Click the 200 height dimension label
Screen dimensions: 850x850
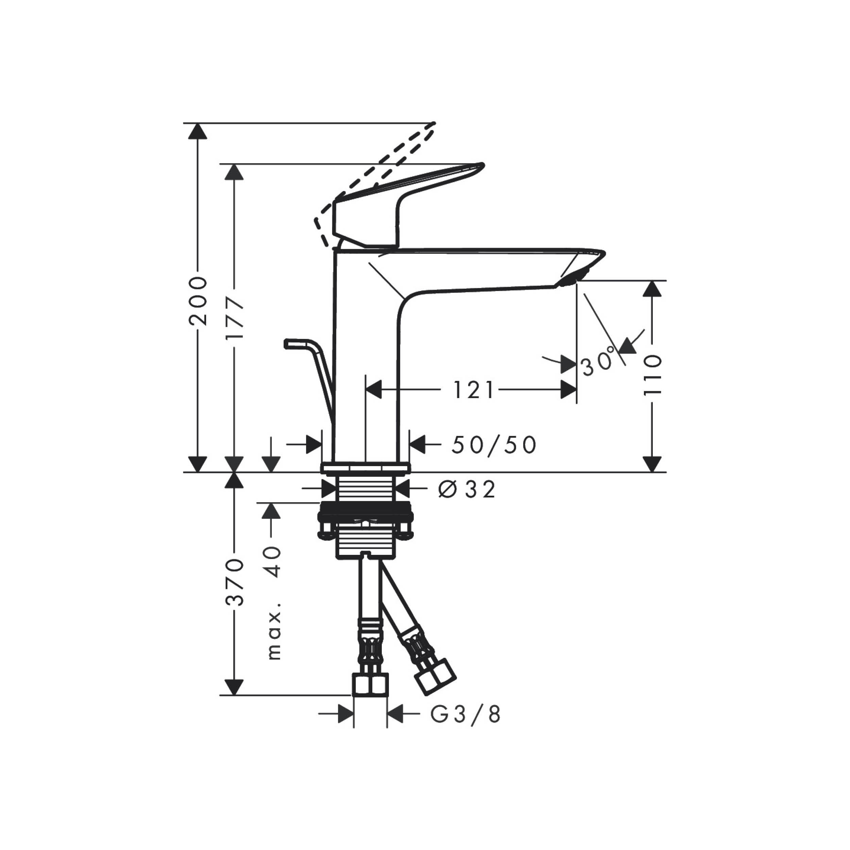pyautogui.click(x=198, y=301)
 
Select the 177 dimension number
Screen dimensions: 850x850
pyautogui.click(x=234, y=319)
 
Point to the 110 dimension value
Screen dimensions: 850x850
pyautogui.click(x=652, y=375)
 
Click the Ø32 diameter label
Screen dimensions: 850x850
pyautogui.click(x=467, y=489)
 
